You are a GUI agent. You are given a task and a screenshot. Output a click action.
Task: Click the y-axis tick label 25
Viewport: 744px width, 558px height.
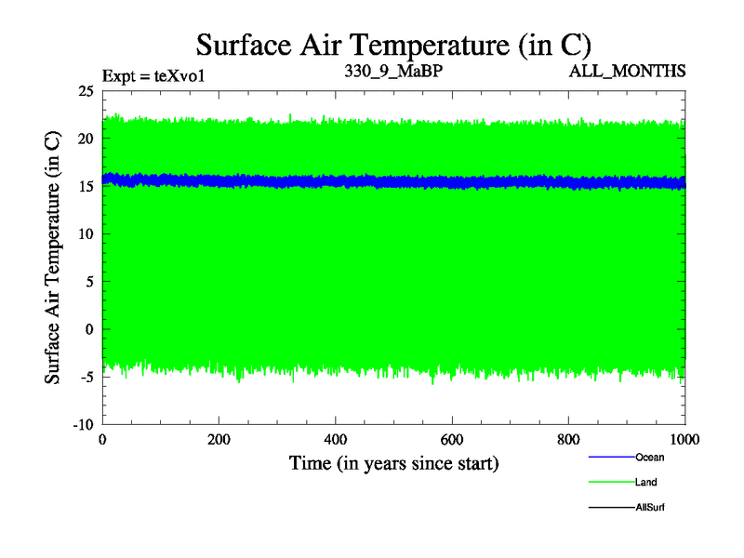click(x=86, y=90)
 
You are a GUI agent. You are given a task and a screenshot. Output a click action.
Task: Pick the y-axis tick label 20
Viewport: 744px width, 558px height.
click(x=86, y=138)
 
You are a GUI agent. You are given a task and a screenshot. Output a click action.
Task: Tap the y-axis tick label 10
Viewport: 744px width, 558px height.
click(x=86, y=233)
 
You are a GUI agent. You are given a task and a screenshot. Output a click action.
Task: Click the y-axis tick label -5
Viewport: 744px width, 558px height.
click(x=86, y=377)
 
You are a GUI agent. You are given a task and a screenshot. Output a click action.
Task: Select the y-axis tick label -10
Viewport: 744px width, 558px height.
click(x=83, y=424)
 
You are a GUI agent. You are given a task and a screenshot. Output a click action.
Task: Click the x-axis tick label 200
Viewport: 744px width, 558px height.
click(x=219, y=440)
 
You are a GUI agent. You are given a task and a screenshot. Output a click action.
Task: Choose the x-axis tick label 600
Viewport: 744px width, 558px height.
click(x=452, y=440)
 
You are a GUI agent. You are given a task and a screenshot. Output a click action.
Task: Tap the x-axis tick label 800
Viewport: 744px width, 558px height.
click(x=568, y=440)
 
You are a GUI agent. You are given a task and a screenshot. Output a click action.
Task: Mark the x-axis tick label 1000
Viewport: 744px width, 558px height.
click(x=684, y=440)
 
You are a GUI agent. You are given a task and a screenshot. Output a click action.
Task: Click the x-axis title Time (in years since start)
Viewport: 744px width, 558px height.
click(x=394, y=462)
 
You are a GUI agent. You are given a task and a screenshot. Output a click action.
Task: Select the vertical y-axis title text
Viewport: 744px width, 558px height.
click(x=54, y=258)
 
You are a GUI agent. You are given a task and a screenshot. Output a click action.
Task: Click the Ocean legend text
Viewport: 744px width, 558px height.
click(x=649, y=457)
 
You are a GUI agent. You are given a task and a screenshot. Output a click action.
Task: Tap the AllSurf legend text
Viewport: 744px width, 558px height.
click(x=650, y=507)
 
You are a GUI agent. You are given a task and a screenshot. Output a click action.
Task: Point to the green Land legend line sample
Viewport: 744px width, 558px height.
click(x=611, y=482)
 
